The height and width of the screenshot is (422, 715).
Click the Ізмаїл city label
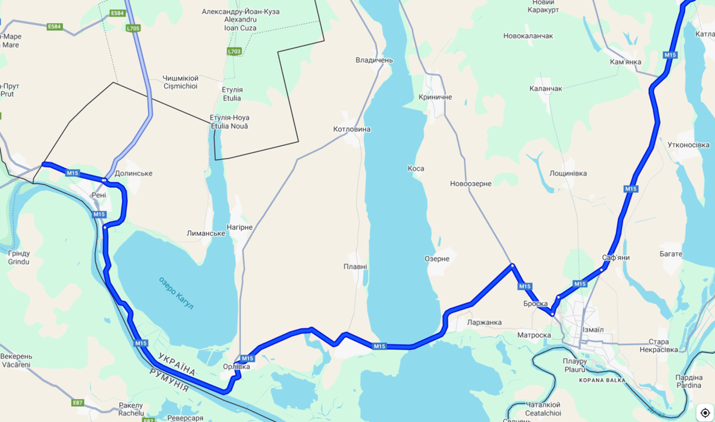[x=593, y=330]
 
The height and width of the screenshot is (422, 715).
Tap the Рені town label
[x=99, y=195]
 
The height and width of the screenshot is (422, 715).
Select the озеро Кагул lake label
[x=176, y=293]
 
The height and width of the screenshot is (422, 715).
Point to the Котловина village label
[x=352, y=129]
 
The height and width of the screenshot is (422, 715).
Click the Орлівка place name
[x=236, y=367]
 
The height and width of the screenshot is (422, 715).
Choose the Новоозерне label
[x=470, y=184]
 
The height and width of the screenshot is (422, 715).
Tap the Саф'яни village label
[x=616, y=257]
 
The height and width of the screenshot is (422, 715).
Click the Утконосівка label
[x=688, y=145]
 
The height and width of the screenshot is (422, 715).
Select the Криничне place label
[x=435, y=97]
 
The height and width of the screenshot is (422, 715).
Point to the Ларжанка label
[x=484, y=323]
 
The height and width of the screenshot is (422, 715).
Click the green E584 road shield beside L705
[x=118, y=13]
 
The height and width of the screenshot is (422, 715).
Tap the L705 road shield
[x=133, y=28]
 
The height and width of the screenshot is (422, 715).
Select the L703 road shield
[x=234, y=51]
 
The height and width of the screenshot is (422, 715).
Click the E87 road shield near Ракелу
[x=77, y=403]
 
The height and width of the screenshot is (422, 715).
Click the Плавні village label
[x=355, y=266]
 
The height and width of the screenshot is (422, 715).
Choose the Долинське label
[x=134, y=174]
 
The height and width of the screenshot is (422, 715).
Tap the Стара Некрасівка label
[x=658, y=346]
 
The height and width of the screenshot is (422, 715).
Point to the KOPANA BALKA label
[x=602, y=380]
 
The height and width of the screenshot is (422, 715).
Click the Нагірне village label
[x=240, y=227]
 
